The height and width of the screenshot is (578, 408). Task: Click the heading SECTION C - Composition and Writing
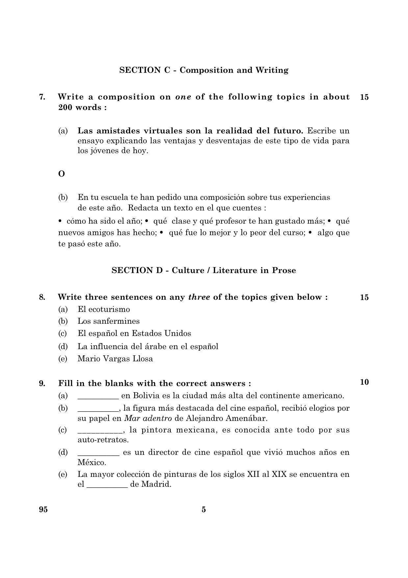(204, 70)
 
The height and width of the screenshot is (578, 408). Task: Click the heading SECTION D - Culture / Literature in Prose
(204, 270)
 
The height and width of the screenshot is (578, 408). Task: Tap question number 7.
(42, 97)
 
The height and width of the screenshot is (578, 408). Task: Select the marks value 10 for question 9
(364, 382)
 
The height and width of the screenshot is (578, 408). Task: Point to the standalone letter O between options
(62, 174)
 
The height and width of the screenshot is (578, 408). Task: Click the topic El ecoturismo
(104, 309)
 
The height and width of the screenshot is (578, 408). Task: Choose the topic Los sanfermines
(109, 321)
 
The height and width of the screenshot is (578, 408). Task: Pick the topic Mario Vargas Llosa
(115, 359)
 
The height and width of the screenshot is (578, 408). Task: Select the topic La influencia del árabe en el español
(148, 346)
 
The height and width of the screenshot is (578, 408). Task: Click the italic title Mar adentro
(148, 418)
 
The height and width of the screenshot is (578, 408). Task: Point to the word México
(92, 462)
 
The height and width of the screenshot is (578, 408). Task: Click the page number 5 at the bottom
(204, 509)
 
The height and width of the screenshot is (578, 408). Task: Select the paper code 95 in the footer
(43, 509)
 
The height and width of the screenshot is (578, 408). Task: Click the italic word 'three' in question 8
(199, 297)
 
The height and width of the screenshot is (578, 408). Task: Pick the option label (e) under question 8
(63, 359)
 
